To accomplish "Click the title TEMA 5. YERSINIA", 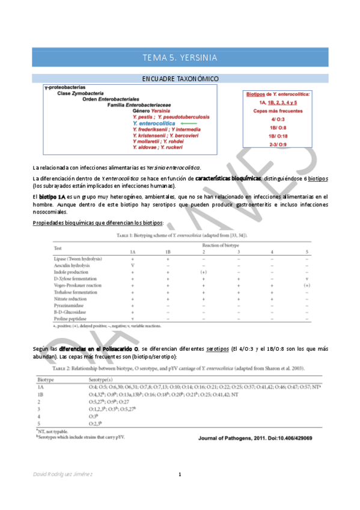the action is [x=180, y=58].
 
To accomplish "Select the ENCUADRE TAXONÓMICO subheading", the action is [x=180, y=79].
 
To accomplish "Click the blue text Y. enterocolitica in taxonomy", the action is [x=156, y=123].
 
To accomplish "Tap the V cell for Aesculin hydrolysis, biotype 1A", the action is [x=132, y=265].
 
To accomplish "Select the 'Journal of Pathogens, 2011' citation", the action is [x=255, y=421].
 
